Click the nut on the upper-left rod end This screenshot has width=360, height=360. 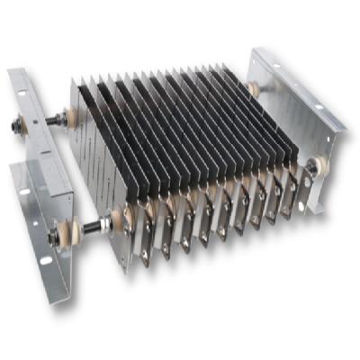pos(40,127)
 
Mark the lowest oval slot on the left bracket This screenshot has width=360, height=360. pos(45,261)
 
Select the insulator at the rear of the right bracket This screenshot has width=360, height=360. pos(256,89)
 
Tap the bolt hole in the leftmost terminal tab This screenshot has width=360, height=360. pos(145,256)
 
